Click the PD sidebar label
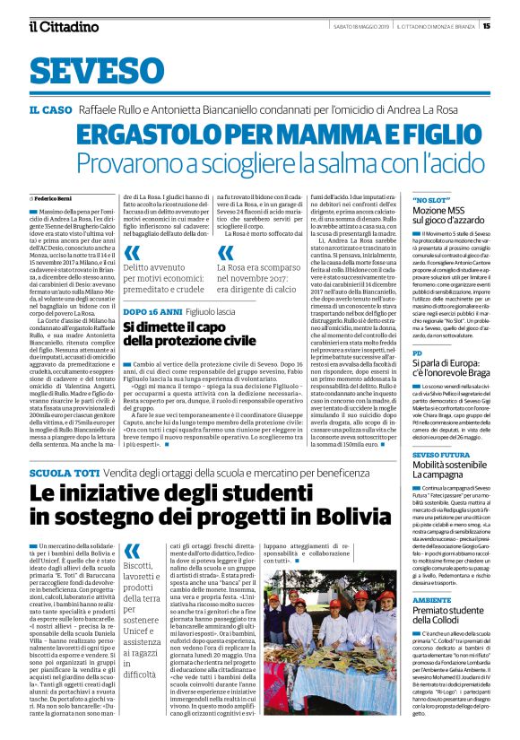417,354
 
